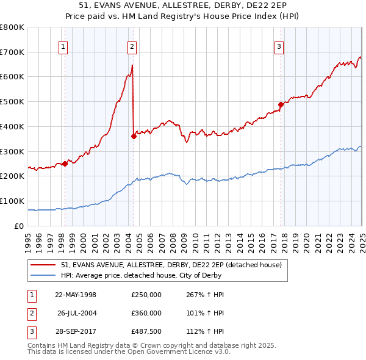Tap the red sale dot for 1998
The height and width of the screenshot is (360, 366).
click(65, 164)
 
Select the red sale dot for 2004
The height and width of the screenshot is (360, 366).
click(134, 136)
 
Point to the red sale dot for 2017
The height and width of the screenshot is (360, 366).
click(281, 104)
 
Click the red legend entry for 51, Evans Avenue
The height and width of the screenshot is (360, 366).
click(171, 265)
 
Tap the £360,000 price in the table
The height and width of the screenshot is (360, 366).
click(146, 314)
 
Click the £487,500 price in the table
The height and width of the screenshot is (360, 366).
click(146, 333)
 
